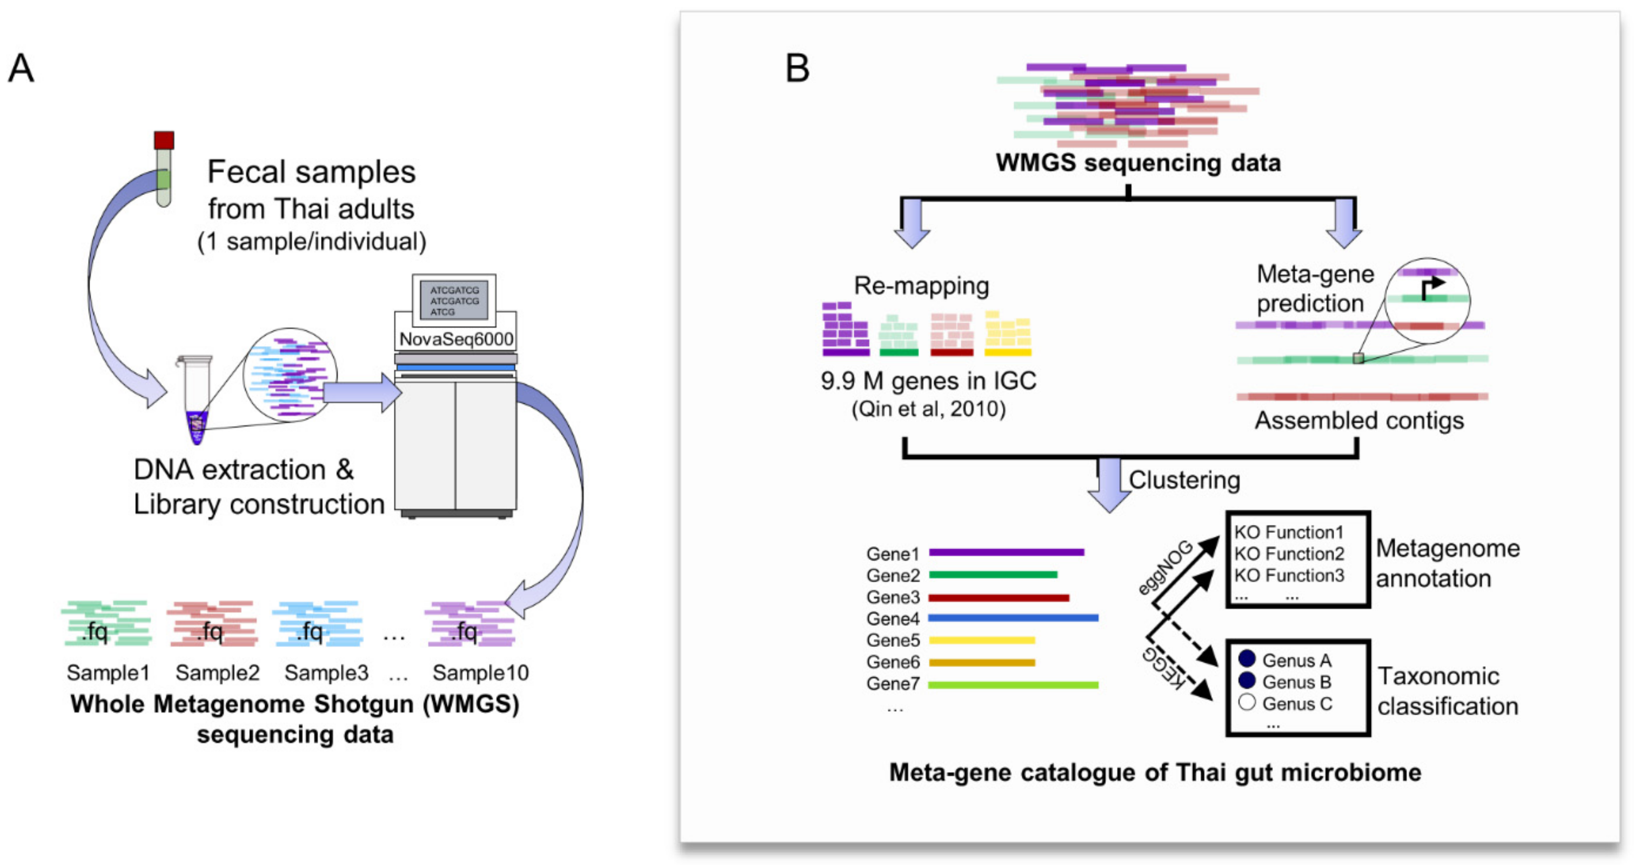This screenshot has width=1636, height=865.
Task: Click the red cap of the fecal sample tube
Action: click(x=164, y=140)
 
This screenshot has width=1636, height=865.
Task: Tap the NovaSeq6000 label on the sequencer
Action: click(x=455, y=339)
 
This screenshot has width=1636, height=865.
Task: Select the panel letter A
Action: click(x=21, y=68)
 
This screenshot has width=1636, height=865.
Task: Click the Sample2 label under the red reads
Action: click(x=217, y=673)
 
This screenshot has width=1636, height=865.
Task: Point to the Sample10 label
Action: click(x=480, y=673)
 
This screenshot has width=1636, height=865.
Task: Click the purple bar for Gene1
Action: click(x=1006, y=552)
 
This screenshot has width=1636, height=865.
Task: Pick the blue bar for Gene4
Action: click(x=1013, y=618)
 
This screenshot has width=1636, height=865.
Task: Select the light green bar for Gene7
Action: click(x=1013, y=685)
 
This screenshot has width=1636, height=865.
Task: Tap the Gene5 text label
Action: click(x=892, y=641)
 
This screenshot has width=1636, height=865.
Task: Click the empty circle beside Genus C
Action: click(x=1247, y=702)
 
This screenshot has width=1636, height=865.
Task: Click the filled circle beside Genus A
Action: click(x=1247, y=659)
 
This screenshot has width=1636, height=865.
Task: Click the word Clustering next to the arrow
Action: click(x=1184, y=481)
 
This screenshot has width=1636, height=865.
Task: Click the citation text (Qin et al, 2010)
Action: click(x=928, y=409)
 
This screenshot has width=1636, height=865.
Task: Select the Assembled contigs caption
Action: click(x=1359, y=421)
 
